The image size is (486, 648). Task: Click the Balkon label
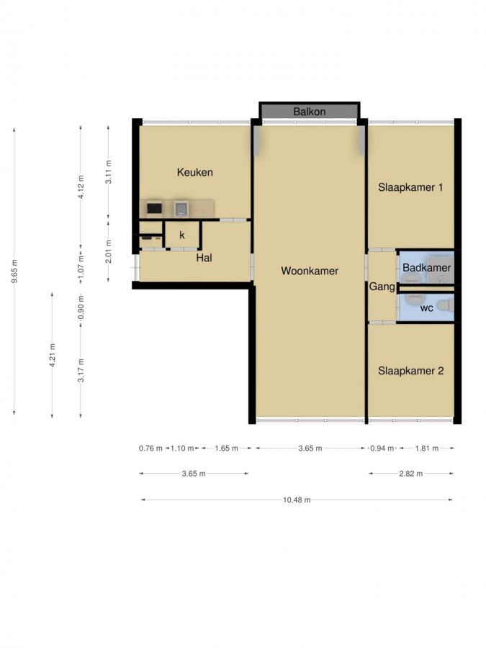pyautogui.click(x=309, y=112)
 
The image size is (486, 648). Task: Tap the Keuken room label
pyautogui.click(x=194, y=173)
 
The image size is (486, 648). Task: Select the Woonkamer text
pyautogui.click(x=309, y=271)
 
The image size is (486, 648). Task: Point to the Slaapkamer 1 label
pyautogui.click(x=410, y=187)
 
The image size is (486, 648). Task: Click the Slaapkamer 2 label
pyautogui.click(x=410, y=372)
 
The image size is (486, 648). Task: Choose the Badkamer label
pyautogui.click(x=426, y=268)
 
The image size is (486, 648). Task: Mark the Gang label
pyautogui.click(x=382, y=287)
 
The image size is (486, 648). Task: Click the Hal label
pyautogui.click(x=203, y=258)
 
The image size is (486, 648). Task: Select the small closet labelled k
pyautogui.click(x=182, y=235)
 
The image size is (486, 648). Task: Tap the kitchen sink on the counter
pyautogui.click(x=181, y=209)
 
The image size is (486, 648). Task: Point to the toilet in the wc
pyautogui.click(x=444, y=306)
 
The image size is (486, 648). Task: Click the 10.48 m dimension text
pyautogui.click(x=296, y=500)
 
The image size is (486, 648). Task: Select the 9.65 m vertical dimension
pyautogui.click(x=14, y=271)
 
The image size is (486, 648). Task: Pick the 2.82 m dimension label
pyautogui.click(x=410, y=474)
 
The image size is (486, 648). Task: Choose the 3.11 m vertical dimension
pyautogui.click(x=108, y=172)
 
